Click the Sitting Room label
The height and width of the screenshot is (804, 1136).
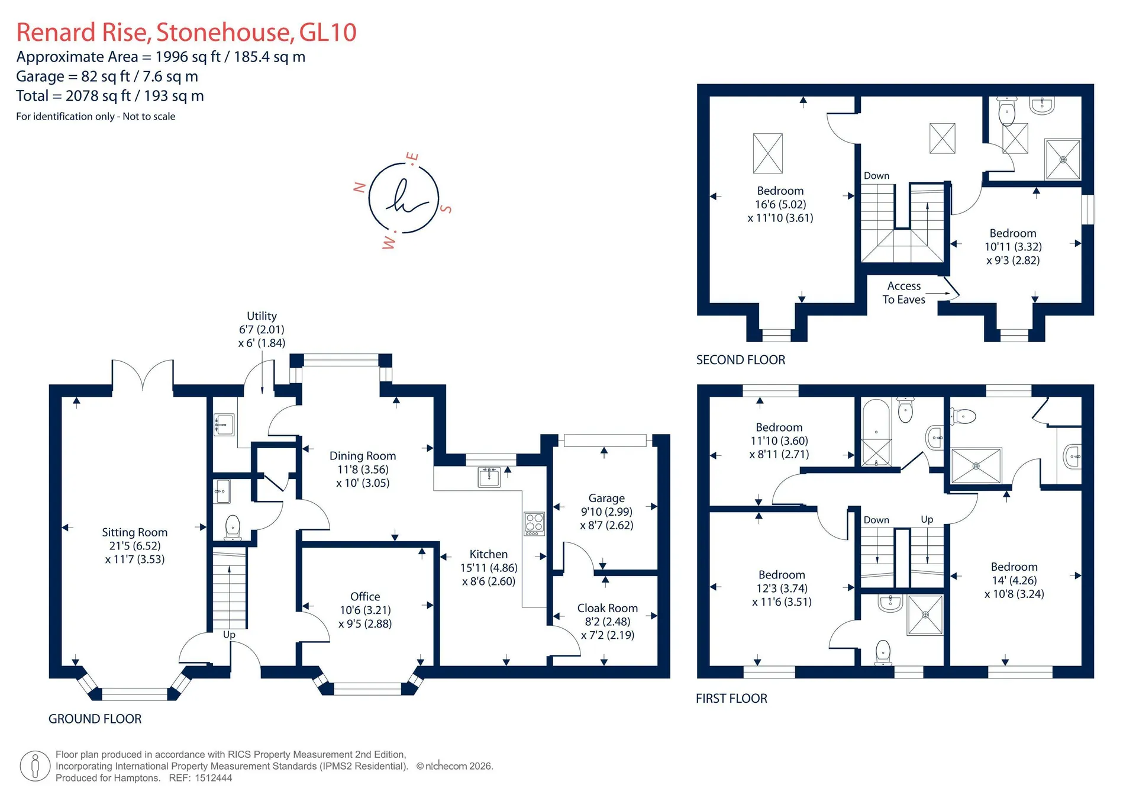tap(135, 532)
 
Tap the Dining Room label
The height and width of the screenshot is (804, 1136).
tap(363, 456)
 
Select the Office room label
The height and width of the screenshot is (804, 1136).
tap(365, 596)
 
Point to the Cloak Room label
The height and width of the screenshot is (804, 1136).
tap(608, 608)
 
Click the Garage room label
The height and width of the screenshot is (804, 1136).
tap(606, 499)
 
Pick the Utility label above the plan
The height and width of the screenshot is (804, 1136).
tap(262, 316)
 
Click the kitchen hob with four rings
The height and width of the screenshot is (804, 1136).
tap(534, 523)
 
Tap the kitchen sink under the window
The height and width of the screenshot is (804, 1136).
tap(489, 477)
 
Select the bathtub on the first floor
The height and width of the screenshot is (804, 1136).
tap(876, 433)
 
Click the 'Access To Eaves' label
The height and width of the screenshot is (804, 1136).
tap(904, 293)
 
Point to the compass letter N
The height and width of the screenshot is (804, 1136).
tap(359, 188)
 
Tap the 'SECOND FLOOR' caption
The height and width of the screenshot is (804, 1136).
tap(741, 360)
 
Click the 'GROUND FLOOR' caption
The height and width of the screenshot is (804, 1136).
tap(95, 719)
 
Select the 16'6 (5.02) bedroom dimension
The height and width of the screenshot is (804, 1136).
tap(780, 204)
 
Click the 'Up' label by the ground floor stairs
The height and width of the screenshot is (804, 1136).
tap(229, 635)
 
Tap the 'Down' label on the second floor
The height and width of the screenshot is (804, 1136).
tap(876, 176)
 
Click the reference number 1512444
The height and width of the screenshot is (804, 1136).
tap(212, 778)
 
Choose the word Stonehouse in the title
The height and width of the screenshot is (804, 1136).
tap(225, 33)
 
